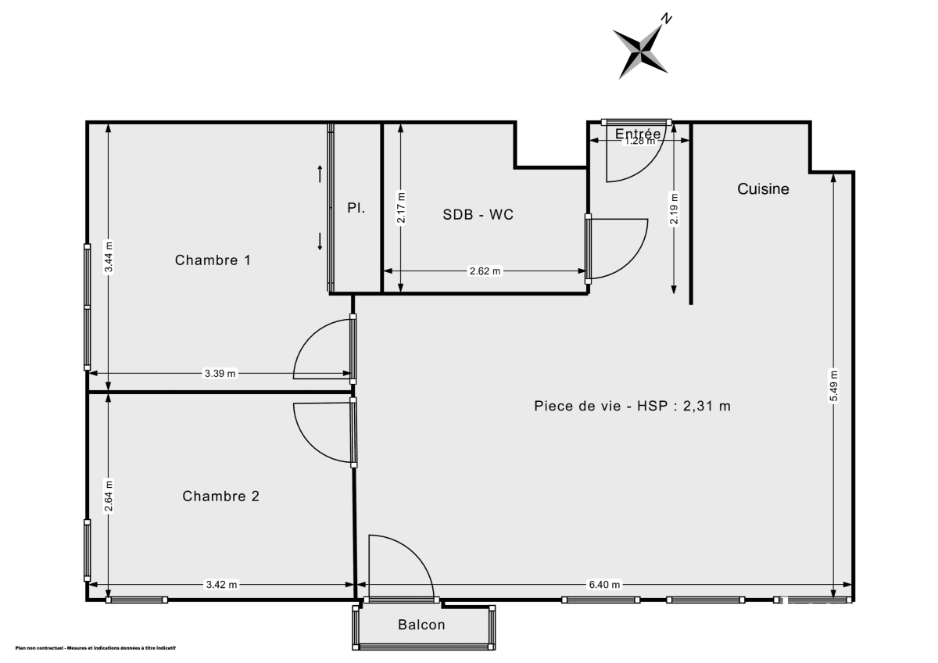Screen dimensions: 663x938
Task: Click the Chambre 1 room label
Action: pyautogui.click(x=213, y=260)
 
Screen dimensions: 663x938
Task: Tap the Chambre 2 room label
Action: pyautogui.click(x=220, y=496)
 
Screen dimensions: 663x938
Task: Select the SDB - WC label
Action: pyautogui.click(x=478, y=215)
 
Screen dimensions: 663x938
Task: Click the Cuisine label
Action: pyautogui.click(x=763, y=189)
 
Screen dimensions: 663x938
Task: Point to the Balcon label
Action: pyautogui.click(x=421, y=625)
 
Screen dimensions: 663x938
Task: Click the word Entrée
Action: pyautogui.click(x=638, y=134)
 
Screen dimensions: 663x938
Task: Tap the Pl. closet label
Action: pyautogui.click(x=356, y=208)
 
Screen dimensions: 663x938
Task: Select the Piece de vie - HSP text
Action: pyautogui.click(x=632, y=406)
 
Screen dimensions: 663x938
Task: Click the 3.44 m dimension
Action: pyautogui.click(x=109, y=255)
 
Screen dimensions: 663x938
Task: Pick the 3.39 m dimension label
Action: pyautogui.click(x=220, y=374)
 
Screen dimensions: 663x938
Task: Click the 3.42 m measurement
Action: pyautogui.click(x=221, y=585)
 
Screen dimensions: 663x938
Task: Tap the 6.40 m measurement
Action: pyautogui.click(x=605, y=585)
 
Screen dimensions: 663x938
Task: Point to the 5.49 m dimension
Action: pyautogui.click(x=834, y=385)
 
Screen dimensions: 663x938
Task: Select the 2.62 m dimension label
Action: pyautogui.click(x=485, y=271)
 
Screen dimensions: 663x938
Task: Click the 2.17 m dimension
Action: pyautogui.click(x=401, y=208)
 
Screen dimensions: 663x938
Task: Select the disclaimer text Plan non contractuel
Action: pyautogui.click(x=95, y=648)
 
